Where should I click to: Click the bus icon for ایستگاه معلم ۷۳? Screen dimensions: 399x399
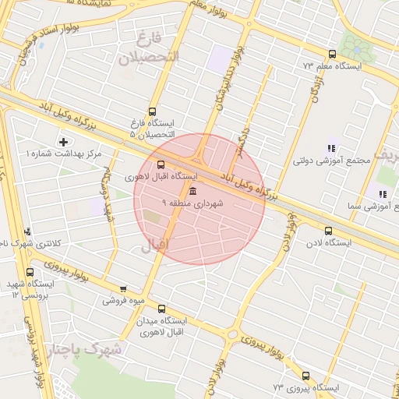(x=333, y=55)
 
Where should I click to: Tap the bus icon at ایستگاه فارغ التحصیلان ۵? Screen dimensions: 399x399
(x=151, y=111)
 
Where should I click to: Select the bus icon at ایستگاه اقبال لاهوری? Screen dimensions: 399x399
(x=161, y=164)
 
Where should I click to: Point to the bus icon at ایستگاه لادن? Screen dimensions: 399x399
(x=327, y=231)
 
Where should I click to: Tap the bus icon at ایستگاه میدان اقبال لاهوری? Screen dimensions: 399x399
(x=161, y=309)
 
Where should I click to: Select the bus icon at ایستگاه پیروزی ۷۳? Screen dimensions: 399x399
(x=305, y=376)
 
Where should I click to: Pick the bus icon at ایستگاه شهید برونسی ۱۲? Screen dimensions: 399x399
(x=30, y=273)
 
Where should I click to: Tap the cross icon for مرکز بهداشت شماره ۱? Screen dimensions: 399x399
(x=63, y=143)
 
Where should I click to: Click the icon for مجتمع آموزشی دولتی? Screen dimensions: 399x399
(x=332, y=148)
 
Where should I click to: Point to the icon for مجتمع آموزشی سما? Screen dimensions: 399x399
(x=382, y=194)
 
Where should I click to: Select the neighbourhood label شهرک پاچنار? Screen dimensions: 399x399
(x=86, y=350)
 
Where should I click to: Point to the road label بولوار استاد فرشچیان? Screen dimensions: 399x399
(x=32, y=54)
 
